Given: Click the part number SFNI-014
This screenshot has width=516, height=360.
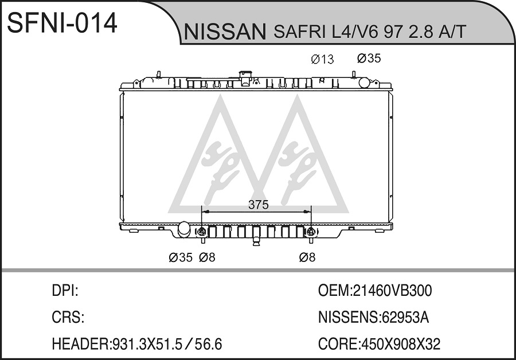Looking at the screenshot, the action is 62,23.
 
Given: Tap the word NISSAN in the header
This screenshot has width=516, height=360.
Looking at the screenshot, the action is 225,32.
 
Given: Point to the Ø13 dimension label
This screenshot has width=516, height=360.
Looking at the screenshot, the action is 322,59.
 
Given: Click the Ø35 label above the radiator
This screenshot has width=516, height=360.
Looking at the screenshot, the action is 369,58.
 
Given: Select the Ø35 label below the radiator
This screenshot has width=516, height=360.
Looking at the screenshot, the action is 181,257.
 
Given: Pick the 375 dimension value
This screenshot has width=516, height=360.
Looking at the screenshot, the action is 259,205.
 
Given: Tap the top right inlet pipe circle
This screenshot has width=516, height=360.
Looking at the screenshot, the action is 364,83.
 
